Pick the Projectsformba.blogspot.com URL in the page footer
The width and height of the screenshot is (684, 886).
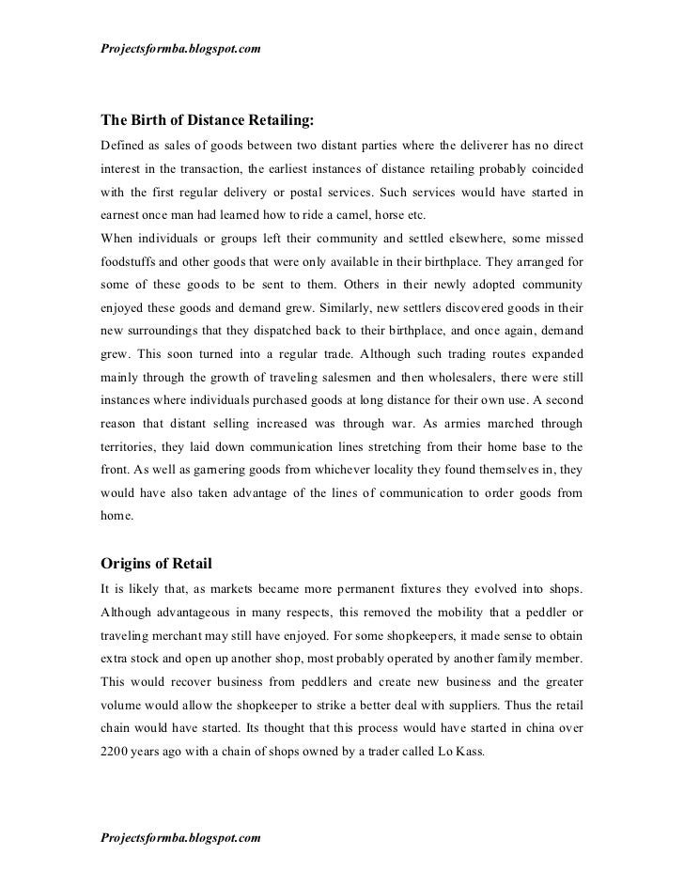click(180, 834)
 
